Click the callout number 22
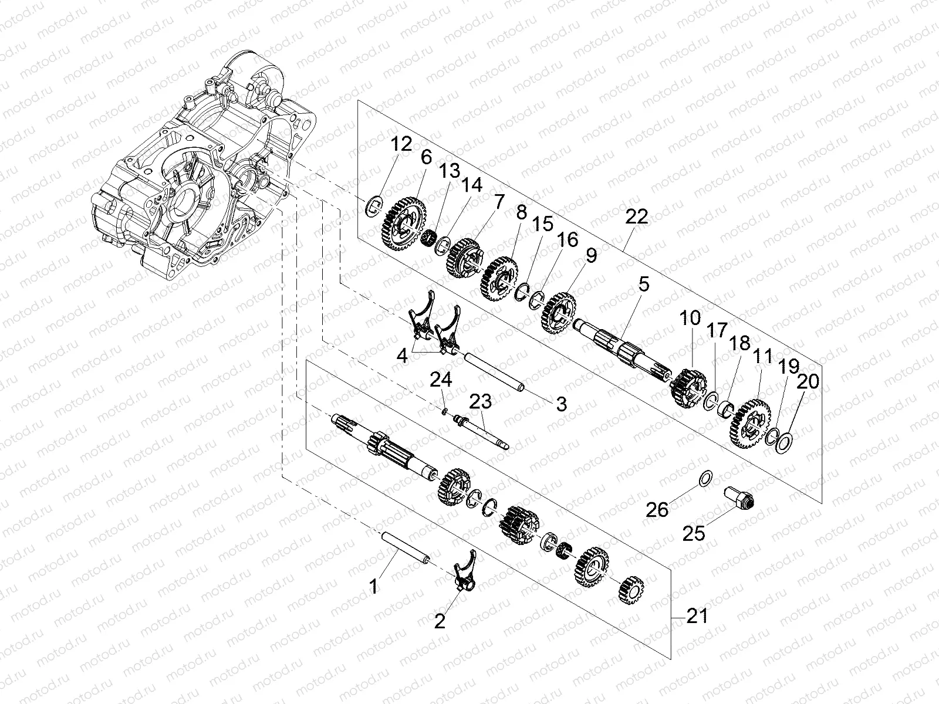[x=637, y=217]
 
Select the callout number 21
[x=697, y=617]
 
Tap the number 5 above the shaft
[x=644, y=285]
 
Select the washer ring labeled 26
[x=707, y=479]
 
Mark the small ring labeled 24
[x=445, y=411]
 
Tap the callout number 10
[x=690, y=319]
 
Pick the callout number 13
[x=450, y=172]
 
